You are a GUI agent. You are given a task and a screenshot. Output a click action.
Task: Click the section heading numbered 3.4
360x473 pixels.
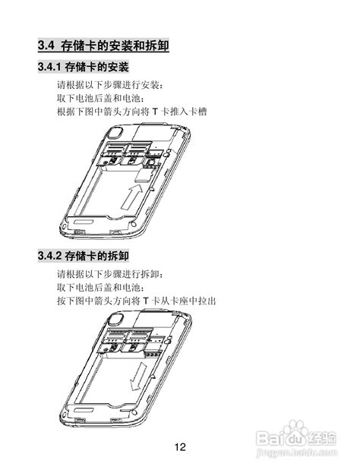click(x=103, y=46)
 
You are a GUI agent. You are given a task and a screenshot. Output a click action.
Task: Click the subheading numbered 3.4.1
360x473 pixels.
click(x=84, y=67)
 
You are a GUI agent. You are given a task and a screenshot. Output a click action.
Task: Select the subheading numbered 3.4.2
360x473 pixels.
click(x=84, y=256)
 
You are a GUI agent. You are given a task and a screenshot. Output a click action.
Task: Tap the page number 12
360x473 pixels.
click(x=180, y=446)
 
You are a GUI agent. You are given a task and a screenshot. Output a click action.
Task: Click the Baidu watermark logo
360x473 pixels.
click(x=295, y=434)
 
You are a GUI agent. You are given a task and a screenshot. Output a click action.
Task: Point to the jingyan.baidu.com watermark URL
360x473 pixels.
click(x=296, y=453)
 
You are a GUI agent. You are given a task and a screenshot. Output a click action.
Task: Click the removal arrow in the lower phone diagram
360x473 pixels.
click(x=138, y=376)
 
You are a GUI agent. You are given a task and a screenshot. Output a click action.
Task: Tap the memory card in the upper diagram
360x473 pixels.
click(x=143, y=176)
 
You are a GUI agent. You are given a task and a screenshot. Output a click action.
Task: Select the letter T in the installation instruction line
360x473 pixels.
click(x=155, y=112)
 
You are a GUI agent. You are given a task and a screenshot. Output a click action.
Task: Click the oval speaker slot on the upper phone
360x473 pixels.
click(x=82, y=222)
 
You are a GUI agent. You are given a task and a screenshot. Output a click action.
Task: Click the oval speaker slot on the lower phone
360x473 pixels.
click(x=82, y=410)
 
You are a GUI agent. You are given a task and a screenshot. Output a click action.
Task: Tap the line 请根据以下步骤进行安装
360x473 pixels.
click(x=110, y=85)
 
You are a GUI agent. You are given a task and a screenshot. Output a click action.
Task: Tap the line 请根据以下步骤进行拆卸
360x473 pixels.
click(x=110, y=274)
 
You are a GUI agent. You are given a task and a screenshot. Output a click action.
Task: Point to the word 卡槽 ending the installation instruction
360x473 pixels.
click(x=197, y=112)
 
